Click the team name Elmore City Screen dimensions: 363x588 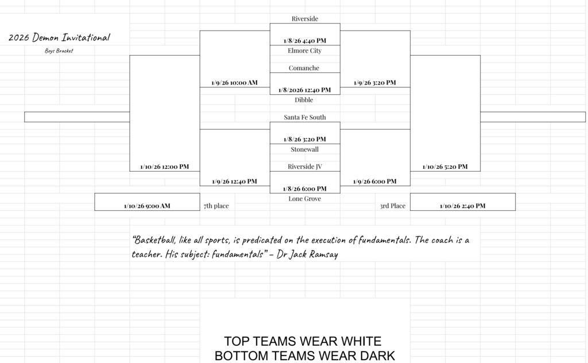(x=304, y=51)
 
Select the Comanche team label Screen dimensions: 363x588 (x=304, y=68)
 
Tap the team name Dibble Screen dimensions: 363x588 (x=304, y=100)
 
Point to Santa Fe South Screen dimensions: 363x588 (x=304, y=117)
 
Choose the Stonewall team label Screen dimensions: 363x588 (x=304, y=149)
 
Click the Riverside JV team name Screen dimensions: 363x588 (x=304, y=167)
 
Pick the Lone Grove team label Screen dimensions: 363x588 (x=304, y=199)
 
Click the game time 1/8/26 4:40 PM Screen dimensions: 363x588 (x=304, y=41)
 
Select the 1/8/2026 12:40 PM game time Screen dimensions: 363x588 (x=304, y=90)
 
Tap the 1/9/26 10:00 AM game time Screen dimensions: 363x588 (x=234, y=83)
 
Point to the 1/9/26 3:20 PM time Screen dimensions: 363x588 (x=374, y=83)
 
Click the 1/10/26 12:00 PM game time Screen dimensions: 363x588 (x=164, y=167)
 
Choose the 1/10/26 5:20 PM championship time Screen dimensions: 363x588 (x=444, y=167)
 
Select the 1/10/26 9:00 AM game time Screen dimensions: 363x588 (x=147, y=206)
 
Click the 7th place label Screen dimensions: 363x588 (x=216, y=206)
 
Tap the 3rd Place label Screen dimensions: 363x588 (x=392, y=206)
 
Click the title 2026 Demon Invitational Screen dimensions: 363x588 (x=59, y=38)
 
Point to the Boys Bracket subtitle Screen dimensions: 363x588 (x=59, y=51)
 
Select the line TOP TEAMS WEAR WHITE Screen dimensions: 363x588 (x=303, y=342)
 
